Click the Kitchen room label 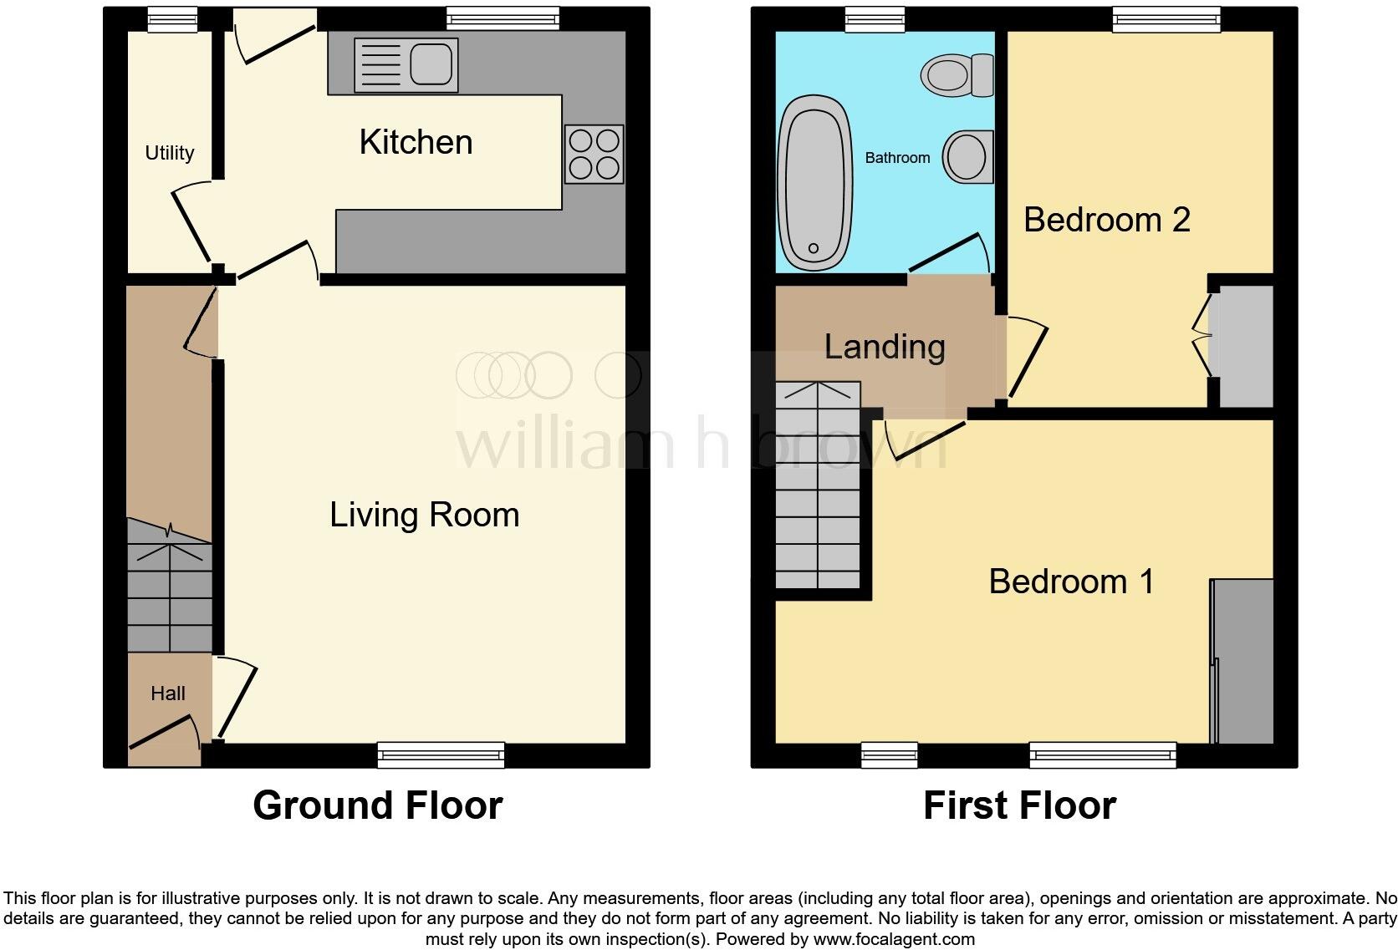[x=416, y=142]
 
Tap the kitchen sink [x=406, y=64]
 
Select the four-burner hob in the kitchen [x=594, y=154]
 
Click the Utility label [x=170, y=153]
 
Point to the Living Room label [x=424, y=515]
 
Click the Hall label [x=168, y=693]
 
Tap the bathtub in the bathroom [x=813, y=182]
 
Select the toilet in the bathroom [x=957, y=75]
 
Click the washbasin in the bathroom [x=968, y=156]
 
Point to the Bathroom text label [x=897, y=158]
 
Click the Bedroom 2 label [x=1106, y=220]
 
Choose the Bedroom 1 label [x=1071, y=582]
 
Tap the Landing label [x=885, y=347]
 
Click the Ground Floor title [x=378, y=805]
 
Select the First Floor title [x=1019, y=805]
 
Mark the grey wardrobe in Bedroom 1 [x=1243, y=661]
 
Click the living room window [x=441, y=754]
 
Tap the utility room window [x=172, y=19]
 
